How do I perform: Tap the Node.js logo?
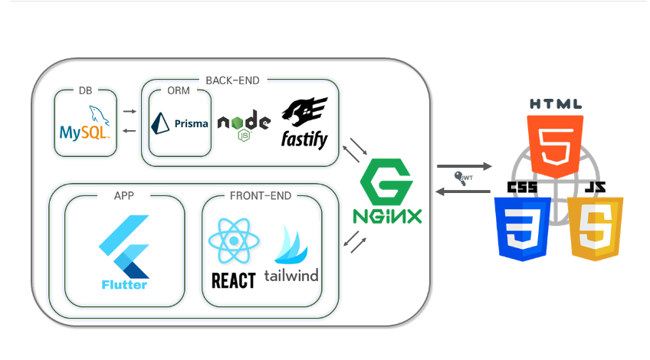tap(244, 127)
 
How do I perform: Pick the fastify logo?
tap(305, 123)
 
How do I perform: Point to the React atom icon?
tap(233, 242)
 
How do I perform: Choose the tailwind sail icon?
tap(291, 244)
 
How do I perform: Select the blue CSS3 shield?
tap(520, 227)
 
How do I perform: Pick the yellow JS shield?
tap(596, 227)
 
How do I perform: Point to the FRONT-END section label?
tap(261, 196)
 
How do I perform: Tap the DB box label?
tap(86, 91)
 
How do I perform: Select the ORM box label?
tap(179, 91)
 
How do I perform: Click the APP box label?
tap(124, 196)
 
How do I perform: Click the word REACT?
tap(233, 280)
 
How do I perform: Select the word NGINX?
tap(387, 216)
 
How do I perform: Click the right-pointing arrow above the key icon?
tap(465, 165)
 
